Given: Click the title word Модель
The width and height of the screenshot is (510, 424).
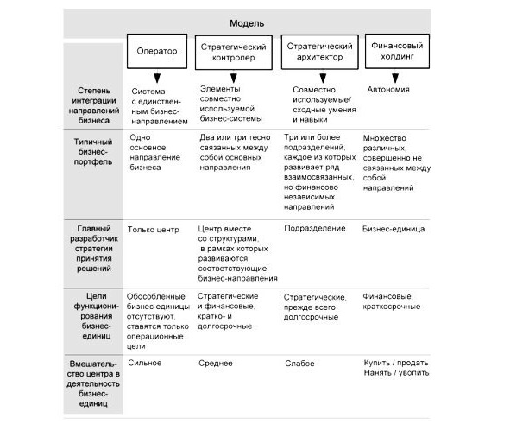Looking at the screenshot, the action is [247, 23].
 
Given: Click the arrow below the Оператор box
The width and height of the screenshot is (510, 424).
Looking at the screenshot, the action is [157, 76].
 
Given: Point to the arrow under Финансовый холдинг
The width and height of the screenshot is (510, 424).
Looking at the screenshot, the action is [395, 76].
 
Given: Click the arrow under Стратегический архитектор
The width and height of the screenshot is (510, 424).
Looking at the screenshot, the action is [323, 77].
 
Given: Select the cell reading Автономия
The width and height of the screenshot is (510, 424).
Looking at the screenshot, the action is [388, 90].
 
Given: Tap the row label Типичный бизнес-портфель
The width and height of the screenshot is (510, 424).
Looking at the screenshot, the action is [93, 152].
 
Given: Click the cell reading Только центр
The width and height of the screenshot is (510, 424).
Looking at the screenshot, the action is [154, 230].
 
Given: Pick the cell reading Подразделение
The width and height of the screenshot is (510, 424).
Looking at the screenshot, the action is [315, 229].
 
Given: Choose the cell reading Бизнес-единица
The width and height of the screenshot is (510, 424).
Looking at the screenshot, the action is [394, 229].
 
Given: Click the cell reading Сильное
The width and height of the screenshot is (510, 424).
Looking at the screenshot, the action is [145, 363].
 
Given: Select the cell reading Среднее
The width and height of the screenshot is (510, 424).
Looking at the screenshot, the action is [216, 364].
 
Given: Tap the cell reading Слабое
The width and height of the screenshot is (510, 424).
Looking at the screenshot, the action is [299, 364].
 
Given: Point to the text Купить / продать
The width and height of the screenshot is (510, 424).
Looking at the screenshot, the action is [396, 363].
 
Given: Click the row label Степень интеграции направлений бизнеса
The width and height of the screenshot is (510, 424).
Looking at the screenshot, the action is [94, 105].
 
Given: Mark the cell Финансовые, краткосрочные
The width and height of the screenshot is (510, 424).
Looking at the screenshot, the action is [392, 301].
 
